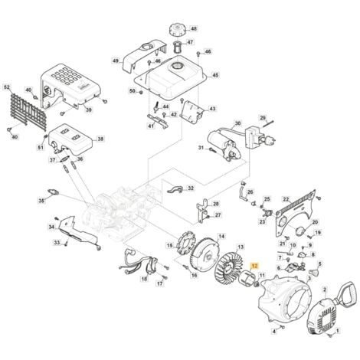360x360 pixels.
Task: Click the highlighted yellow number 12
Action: [255, 263]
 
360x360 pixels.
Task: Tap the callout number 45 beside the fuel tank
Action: [215, 75]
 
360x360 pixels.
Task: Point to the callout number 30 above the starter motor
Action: [237, 123]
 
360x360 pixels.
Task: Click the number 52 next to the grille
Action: [8, 87]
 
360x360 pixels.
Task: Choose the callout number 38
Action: [100, 139]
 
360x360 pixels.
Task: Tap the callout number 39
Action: [88, 110]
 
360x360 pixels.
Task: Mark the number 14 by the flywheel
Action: [221, 237]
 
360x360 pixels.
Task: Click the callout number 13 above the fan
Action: [241, 247]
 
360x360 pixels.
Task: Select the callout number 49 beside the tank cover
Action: [116, 61]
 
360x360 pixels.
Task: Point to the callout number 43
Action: [212, 109]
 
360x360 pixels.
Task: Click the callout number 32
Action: [191, 188]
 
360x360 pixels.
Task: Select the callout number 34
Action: [51, 227]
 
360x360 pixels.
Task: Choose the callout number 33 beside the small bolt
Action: [56, 243]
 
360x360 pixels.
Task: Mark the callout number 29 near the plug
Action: [262, 118]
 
